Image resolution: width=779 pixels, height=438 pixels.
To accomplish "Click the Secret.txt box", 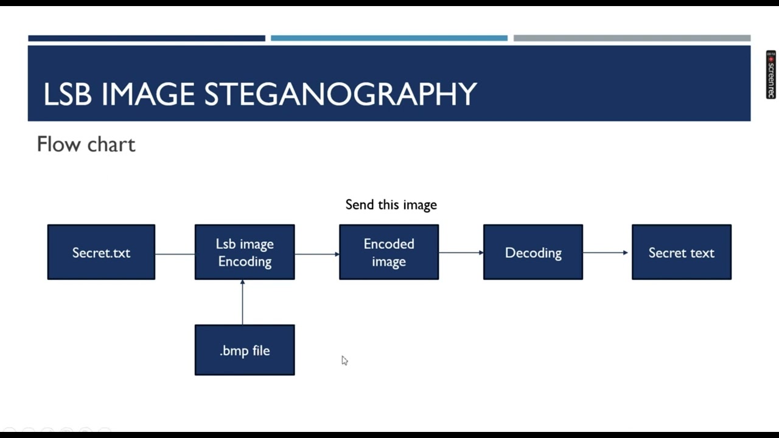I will (101, 252).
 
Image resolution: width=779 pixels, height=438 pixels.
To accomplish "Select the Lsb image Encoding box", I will (245, 252).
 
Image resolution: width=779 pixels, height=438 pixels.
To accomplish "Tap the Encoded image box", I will (389, 252).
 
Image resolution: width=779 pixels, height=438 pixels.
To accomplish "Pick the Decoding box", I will (533, 252).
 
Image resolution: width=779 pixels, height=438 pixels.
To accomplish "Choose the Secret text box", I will (682, 252).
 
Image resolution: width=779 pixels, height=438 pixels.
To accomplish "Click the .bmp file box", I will (245, 350).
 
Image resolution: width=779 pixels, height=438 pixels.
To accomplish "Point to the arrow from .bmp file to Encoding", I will (242, 302).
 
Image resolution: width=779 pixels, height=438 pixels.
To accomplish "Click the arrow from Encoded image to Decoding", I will (461, 252).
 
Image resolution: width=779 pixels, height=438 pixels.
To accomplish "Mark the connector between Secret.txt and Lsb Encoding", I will (175, 253).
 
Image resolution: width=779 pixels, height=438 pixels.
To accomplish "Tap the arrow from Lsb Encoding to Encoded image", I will (316, 253).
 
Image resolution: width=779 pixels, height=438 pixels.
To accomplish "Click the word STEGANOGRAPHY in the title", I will (340, 95).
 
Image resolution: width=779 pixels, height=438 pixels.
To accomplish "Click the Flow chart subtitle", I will (86, 145).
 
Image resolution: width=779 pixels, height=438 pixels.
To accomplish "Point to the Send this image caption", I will (391, 205).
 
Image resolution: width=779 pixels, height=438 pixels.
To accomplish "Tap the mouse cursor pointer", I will (344, 360).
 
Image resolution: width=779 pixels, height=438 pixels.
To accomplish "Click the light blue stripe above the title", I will (389, 38).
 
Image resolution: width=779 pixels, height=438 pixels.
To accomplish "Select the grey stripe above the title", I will (632, 38).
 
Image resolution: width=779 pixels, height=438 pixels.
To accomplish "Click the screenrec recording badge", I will (770, 75).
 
